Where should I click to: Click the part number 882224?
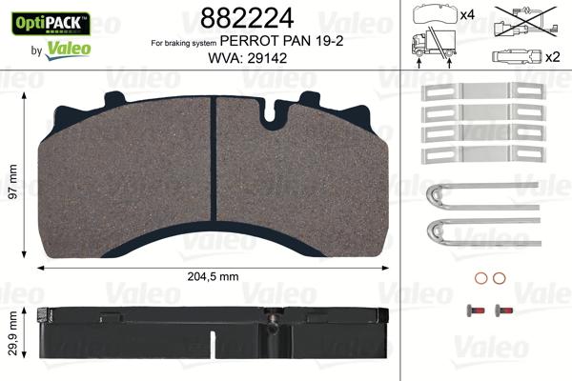242,17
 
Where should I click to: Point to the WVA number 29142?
268,59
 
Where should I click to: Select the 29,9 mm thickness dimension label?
11,333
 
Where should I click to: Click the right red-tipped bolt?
501,311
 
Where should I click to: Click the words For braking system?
183,44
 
